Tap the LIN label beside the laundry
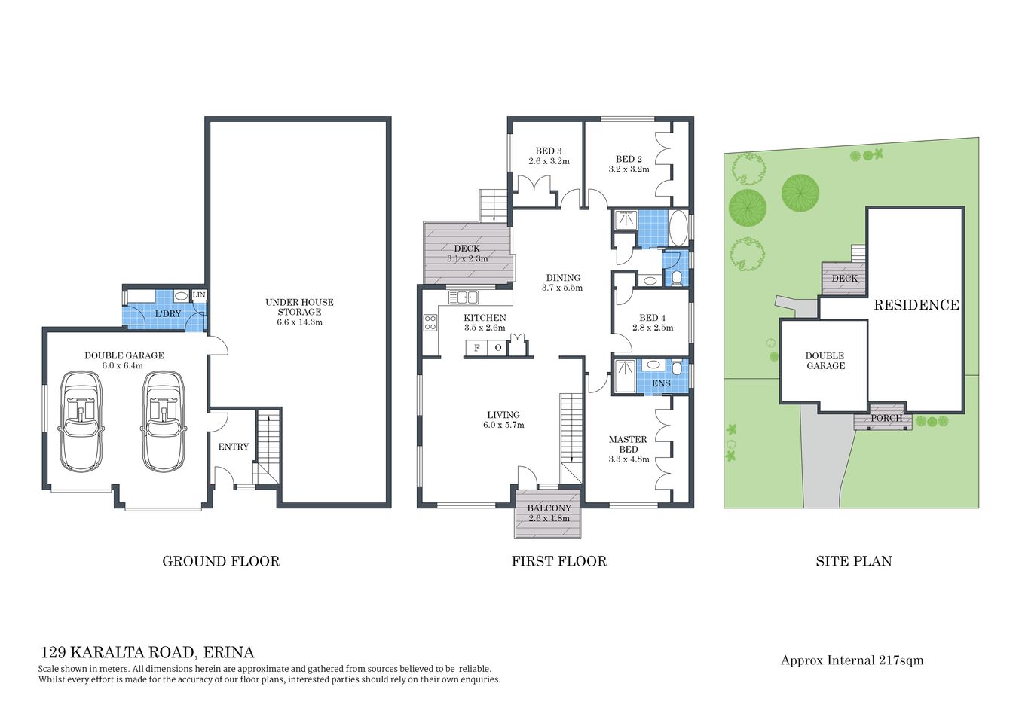pyautogui.click(x=199, y=295)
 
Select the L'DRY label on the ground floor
pyautogui.click(x=167, y=313)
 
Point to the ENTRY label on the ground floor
pyautogui.click(x=234, y=447)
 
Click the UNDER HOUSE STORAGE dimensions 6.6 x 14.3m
pyautogui.click(x=299, y=322)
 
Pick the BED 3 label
pyautogui.click(x=549, y=151)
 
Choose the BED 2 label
pyautogui.click(x=629, y=159)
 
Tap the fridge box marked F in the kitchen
pyautogui.click(x=476, y=348)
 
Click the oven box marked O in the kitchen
pyautogui.click(x=498, y=348)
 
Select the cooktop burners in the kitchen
pyautogui.click(x=430, y=323)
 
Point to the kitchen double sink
pyautogui.click(x=464, y=297)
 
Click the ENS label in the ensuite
pyautogui.click(x=661, y=383)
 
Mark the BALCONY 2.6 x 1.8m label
pyautogui.click(x=549, y=513)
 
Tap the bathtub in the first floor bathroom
pyautogui.click(x=678, y=228)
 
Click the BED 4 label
pyautogui.click(x=652, y=318)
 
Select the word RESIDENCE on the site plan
pyautogui.click(x=916, y=305)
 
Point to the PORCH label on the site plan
pyautogui.click(x=886, y=418)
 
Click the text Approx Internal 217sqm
pyautogui.click(x=852, y=660)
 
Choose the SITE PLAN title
pyautogui.click(x=853, y=561)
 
